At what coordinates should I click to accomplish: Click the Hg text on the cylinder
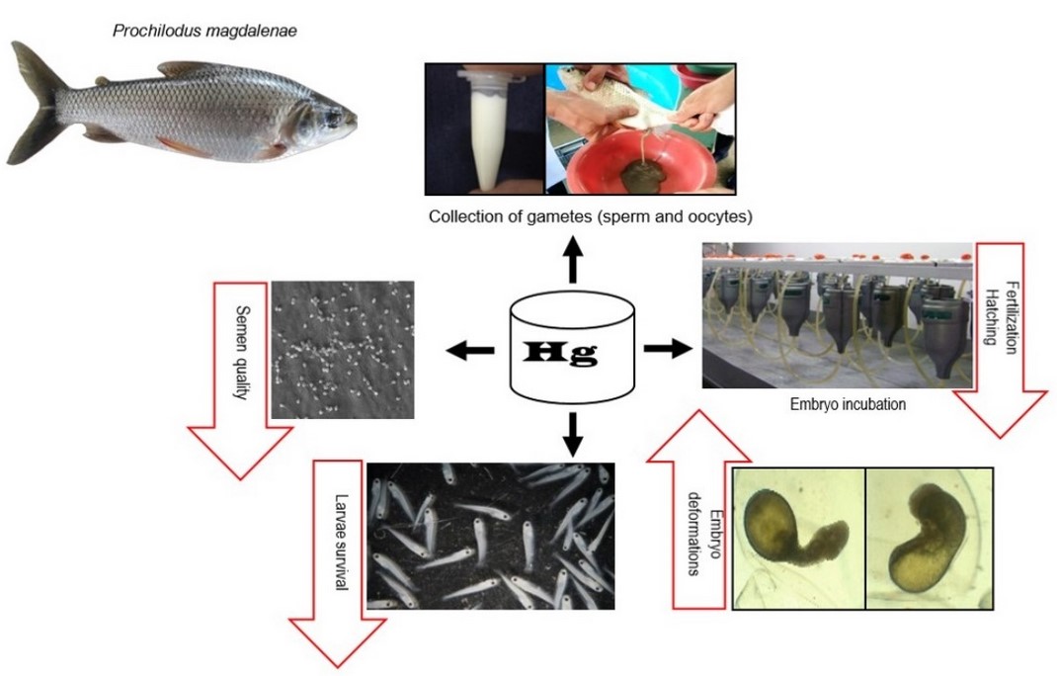571,352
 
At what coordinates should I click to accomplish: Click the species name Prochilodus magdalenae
205,32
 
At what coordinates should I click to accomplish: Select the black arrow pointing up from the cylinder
572,264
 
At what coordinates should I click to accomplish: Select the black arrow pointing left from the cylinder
469,350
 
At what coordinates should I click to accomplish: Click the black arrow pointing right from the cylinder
667,349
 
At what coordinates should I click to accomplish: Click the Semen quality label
240,351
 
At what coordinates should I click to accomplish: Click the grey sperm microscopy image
342,349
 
